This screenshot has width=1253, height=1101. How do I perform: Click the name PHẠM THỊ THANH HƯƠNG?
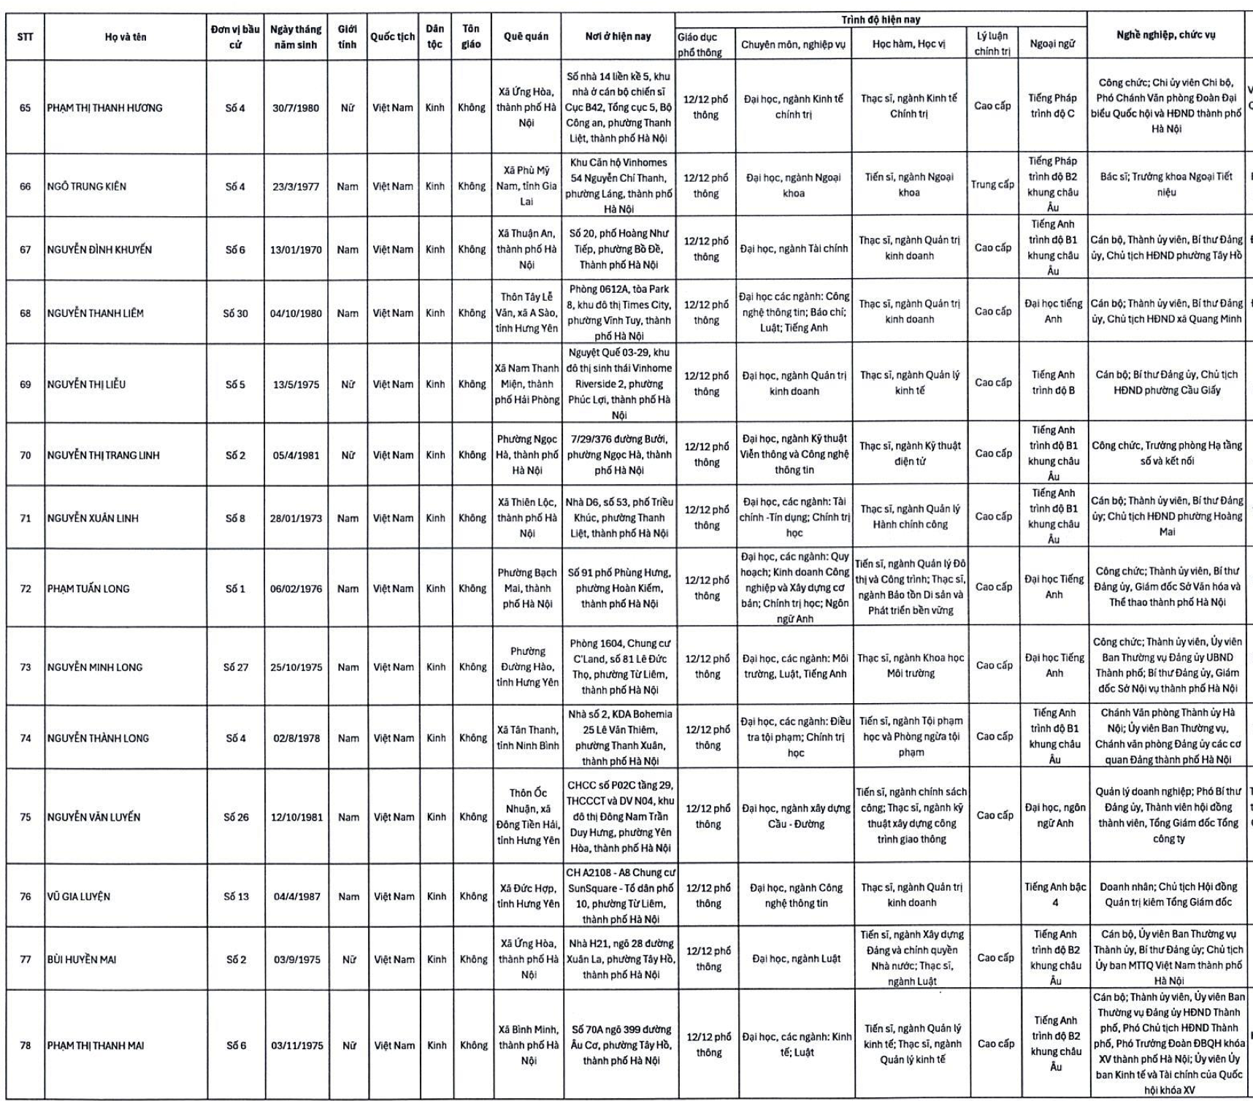pyautogui.click(x=104, y=108)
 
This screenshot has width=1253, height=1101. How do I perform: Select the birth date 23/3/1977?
pyautogui.click(x=296, y=186)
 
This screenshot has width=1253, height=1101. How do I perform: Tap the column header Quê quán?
pyautogui.click(x=526, y=37)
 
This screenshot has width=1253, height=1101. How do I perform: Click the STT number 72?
pyautogui.click(x=26, y=588)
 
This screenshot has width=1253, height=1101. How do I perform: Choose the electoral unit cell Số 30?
pyautogui.click(x=235, y=313)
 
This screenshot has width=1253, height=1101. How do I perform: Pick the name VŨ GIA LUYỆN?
pyautogui.click(x=78, y=897)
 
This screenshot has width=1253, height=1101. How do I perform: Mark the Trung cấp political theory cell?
pyautogui.click(x=992, y=185)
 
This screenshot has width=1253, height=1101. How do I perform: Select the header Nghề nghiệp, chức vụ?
pyautogui.click(x=1165, y=35)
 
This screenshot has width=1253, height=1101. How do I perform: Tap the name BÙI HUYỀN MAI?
pyautogui.click(x=80, y=959)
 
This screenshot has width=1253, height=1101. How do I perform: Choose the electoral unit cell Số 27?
pyautogui.click(x=236, y=667)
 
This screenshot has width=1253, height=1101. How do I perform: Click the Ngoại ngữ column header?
pyautogui.click(x=1052, y=44)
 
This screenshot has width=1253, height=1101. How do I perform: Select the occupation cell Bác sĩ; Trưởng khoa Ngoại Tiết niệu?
pyautogui.click(x=1166, y=184)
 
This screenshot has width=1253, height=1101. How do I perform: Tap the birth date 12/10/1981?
pyautogui.click(x=296, y=817)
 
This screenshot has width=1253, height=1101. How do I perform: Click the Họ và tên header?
pyautogui.click(x=125, y=37)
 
